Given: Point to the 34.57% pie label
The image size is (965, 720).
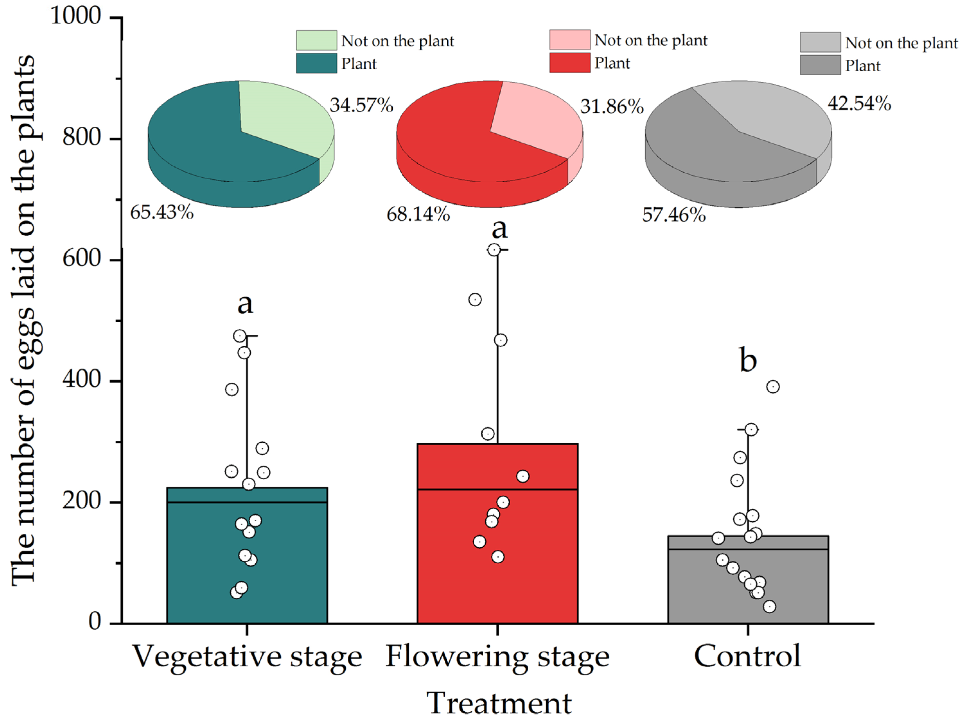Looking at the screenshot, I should [361, 105].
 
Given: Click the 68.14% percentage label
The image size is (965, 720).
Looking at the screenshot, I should [418, 214].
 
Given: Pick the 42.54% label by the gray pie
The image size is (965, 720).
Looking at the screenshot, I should [859, 104].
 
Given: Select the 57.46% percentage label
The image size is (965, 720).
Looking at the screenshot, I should [674, 215].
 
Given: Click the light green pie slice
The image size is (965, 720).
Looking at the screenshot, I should [283, 118].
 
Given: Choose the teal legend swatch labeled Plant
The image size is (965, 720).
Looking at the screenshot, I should [316, 64].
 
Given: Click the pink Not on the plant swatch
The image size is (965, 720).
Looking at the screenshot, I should [569, 40].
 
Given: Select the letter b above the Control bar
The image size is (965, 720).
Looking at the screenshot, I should [748, 360].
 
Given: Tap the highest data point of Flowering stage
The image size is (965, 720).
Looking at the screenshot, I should [494, 250].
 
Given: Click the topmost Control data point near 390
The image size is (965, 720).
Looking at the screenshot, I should [773, 386].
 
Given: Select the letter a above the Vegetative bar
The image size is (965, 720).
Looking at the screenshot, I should [245, 303].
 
